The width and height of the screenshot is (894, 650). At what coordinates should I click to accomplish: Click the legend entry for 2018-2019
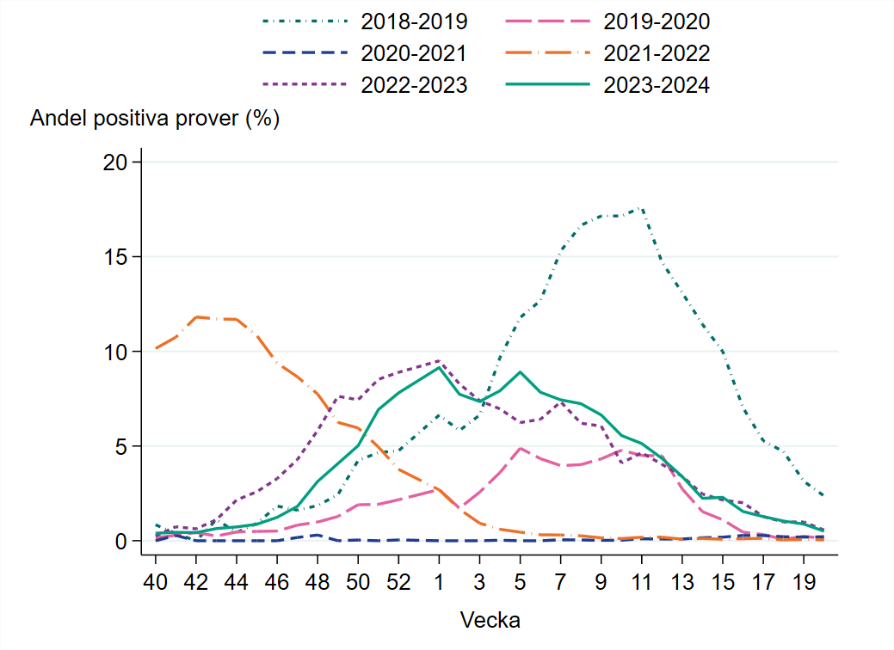coord(415,21)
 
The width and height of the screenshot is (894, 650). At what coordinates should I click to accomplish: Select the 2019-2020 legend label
coord(657,21)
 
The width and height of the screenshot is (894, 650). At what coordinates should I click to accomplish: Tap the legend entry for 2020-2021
coord(415,53)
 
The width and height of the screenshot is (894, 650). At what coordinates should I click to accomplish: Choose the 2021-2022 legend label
coord(657,53)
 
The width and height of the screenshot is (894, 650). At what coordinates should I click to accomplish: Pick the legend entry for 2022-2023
coord(415,85)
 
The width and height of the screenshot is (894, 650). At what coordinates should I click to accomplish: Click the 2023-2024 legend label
coord(657,85)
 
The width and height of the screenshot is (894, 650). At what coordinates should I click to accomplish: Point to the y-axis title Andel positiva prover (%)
coord(155,119)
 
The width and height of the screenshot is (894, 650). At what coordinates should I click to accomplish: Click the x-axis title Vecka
coord(490,620)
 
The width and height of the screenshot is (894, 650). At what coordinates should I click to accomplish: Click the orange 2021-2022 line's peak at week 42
coord(197,317)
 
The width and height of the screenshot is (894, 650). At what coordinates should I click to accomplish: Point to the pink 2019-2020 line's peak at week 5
coord(520,448)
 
